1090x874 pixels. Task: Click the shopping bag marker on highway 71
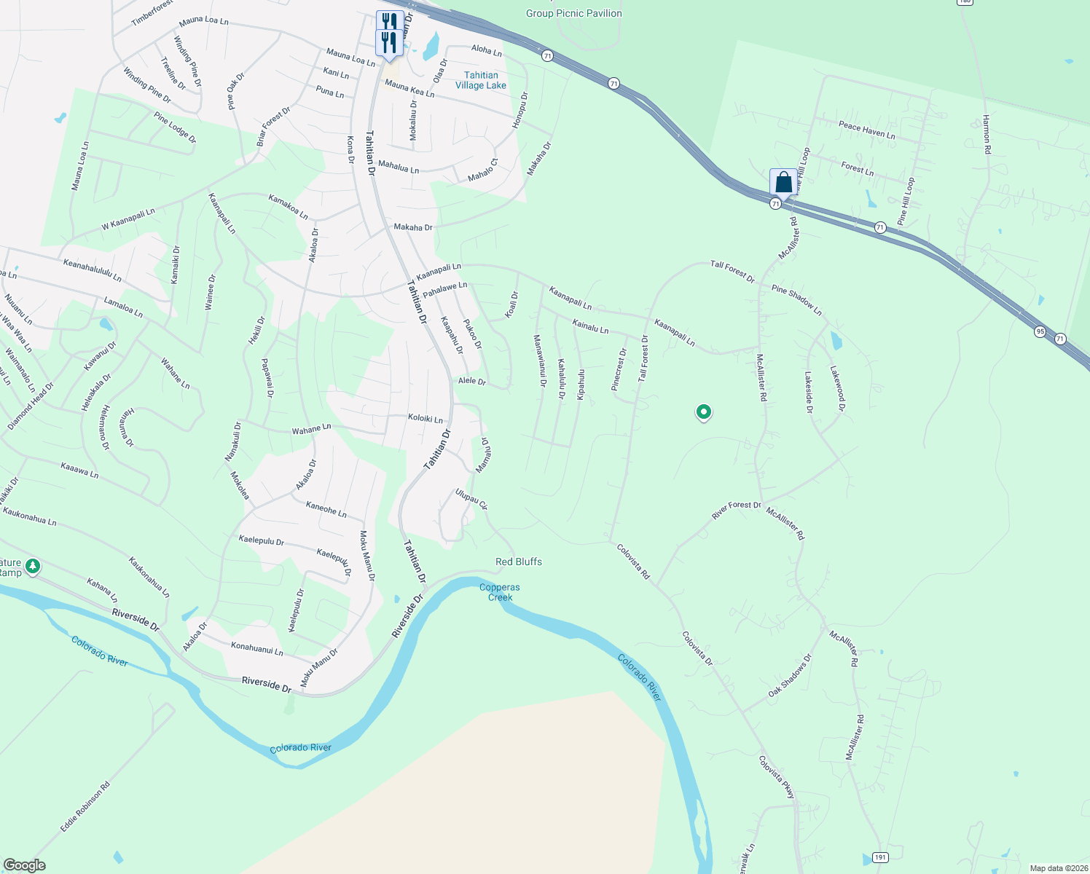783,182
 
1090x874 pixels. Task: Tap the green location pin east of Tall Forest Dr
703,413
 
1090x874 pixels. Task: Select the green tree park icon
32,565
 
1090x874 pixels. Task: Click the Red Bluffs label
519,562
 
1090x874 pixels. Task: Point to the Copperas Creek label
500,592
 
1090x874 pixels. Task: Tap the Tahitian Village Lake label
481,80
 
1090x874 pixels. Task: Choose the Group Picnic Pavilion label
574,13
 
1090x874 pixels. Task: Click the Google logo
25,865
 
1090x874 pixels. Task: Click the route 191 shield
880,857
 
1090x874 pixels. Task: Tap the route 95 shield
1040,331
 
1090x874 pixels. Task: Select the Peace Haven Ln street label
866,130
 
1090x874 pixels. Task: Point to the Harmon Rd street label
987,134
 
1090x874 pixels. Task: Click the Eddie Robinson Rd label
85,807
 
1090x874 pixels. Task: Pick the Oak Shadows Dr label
790,676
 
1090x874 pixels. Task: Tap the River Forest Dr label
736,509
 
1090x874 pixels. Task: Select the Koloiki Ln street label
426,419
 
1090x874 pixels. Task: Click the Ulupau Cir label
471,499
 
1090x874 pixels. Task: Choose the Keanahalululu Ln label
93,270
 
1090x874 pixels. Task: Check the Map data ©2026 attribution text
1056,868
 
